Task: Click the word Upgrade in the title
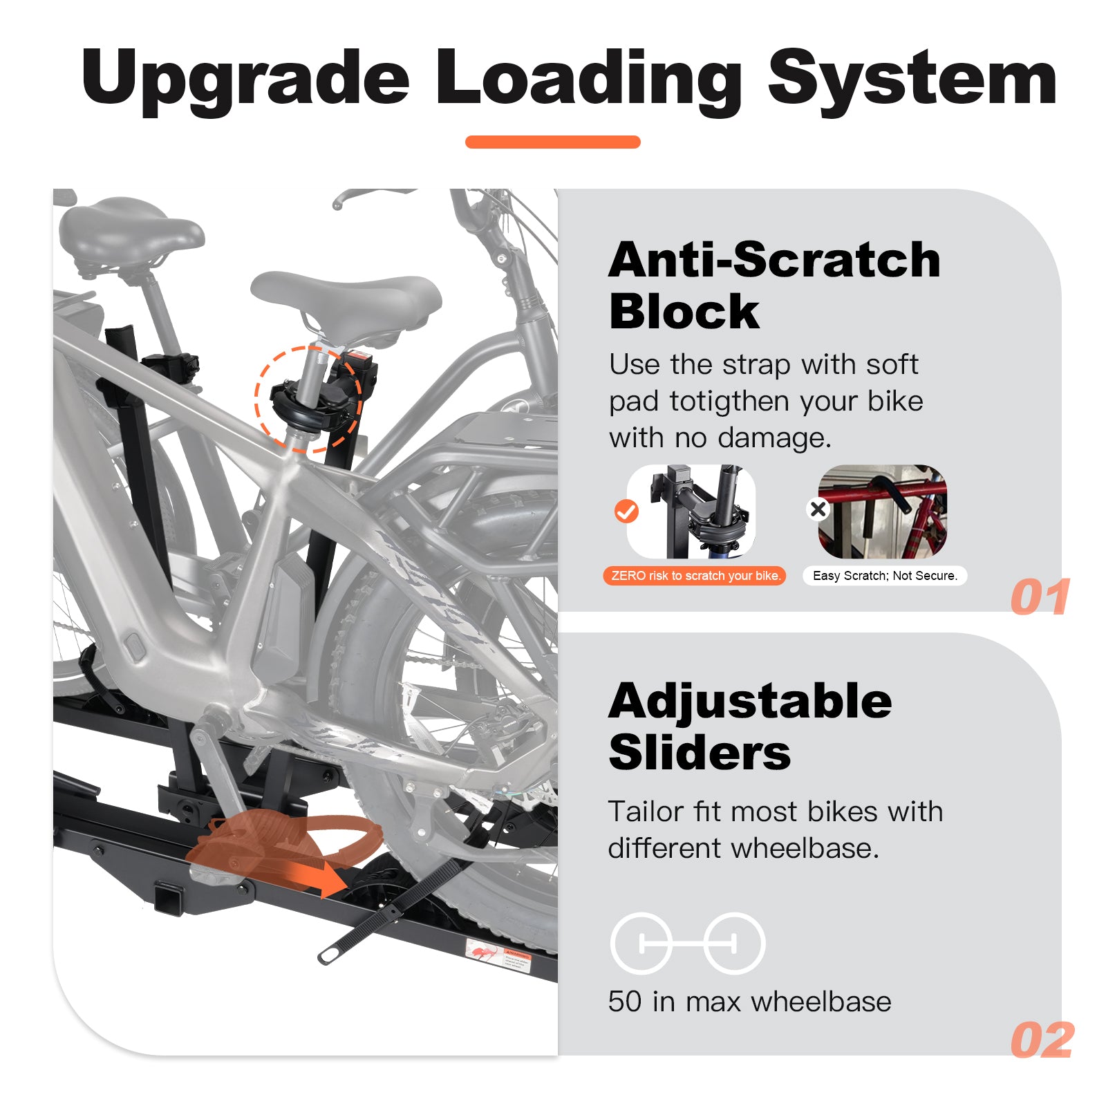245,79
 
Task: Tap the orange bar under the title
552,142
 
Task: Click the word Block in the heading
684,312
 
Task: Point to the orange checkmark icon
626,512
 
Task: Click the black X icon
818,509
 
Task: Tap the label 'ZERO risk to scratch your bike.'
695,576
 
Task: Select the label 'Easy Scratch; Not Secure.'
885,576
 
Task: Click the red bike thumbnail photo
883,512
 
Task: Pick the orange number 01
1040,597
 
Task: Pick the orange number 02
1042,1040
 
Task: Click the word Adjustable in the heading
750,702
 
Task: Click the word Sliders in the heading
700,753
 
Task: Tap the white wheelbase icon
688,944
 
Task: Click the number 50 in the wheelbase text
625,1002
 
